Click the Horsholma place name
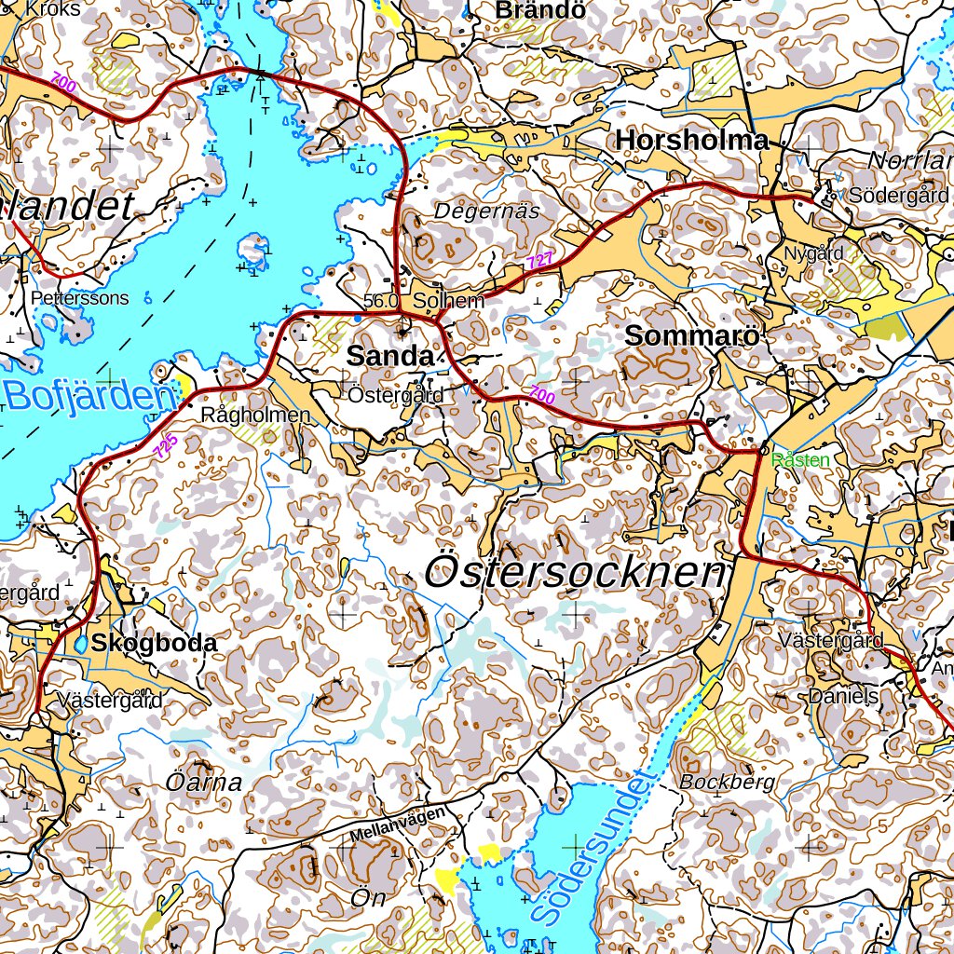tap(692, 140)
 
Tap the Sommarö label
tap(692, 336)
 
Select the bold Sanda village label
tap(389, 356)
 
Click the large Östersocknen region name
tap(574, 572)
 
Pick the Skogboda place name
tap(154, 643)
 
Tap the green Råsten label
tap(800, 460)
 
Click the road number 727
tap(539, 262)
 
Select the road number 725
tap(166, 446)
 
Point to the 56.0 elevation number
tap(381, 301)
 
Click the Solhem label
tap(449, 301)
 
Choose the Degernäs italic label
tap(486, 211)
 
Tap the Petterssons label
tap(79, 298)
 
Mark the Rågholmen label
tap(255, 416)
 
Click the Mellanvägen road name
tap(398, 825)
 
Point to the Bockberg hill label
tap(727, 782)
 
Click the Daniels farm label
tap(844, 696)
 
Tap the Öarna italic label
tap(204, 783)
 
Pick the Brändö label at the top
tap(541, 10)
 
